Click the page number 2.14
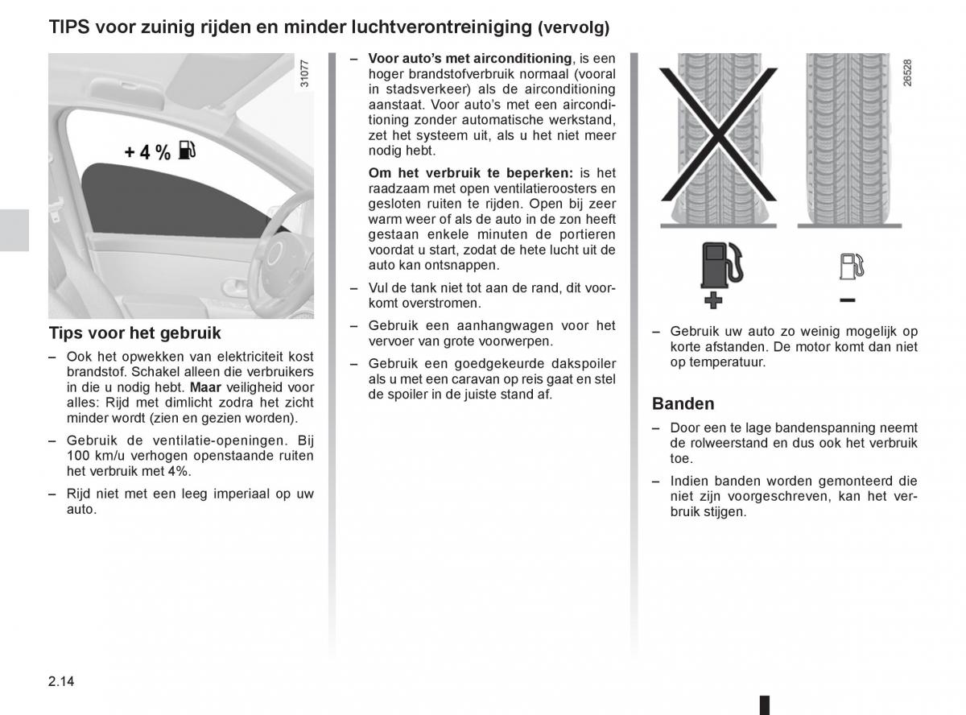pyautogui.click(x=61, y=681)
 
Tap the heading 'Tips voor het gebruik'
pyautogui.click(x=134, y=333)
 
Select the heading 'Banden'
pyautogui.click(x=683, y=403)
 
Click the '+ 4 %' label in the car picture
pyautogui.click(x=147, y=152)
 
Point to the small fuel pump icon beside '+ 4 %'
pyautogui.click(x=186, y=150)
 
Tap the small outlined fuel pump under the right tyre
pyautogui.click(x=850, y=266)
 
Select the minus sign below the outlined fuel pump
pyautogui.click(x=847, y=300)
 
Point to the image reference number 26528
pyautogui.click(x=907, y=72)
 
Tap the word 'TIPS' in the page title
pyautogui.click(x=69, y=27)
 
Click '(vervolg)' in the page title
pyautogui.click(x=574, y=28)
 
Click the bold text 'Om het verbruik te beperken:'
pyautogui.click(x=471, y=173)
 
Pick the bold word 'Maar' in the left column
pyautogui.click(x=205, y=387)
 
